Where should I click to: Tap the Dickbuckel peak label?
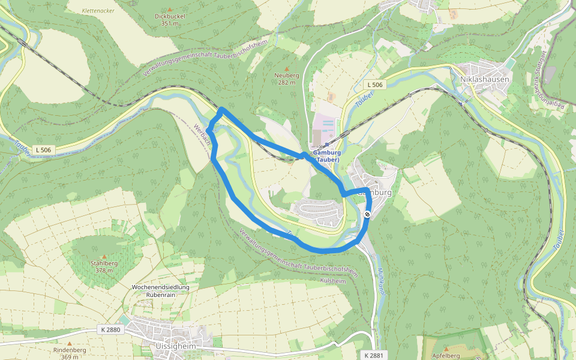(x=170, y=16)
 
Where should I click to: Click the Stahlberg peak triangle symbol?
(x=103, y=256)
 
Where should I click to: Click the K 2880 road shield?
(x=110, y=329)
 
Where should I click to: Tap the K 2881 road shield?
(x=373, y=355)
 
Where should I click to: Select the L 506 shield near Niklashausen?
(x=375, y=85)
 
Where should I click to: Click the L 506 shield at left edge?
(x=44, y=149)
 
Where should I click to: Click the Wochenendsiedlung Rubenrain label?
(x=160, y=291)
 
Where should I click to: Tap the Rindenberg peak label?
(x=70, y=350)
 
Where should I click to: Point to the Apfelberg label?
(x=445, y=355)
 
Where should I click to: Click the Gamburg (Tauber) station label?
(x=326, y=157)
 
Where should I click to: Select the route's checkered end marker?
(x=367, y=214)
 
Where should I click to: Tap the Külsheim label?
(x=334, y=281)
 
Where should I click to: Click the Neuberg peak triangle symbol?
(x=286, y=68)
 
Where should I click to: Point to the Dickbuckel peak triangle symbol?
(x=170, y=10)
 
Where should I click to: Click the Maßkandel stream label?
(x=380, y=280)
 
